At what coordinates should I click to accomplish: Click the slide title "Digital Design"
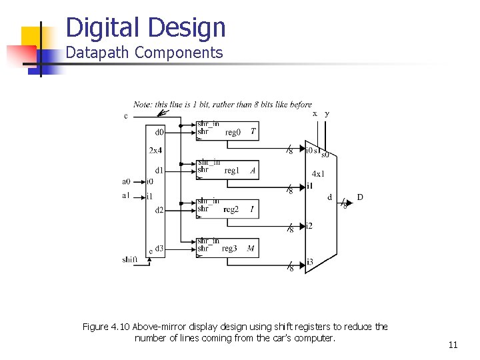146,27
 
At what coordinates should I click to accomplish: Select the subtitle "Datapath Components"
144,53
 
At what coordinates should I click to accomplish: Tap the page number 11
453,345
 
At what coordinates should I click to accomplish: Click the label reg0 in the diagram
233,132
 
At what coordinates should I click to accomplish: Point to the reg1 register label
232,171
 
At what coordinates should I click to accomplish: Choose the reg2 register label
231,209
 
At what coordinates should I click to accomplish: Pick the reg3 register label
229,249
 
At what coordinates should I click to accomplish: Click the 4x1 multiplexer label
319,173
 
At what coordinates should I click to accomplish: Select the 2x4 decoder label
155,150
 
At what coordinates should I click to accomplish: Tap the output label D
360,197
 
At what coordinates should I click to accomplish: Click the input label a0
126,181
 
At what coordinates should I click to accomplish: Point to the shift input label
130,259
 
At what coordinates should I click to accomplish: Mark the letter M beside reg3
251,249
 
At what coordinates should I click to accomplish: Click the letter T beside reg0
253,131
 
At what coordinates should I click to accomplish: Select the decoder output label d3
159,249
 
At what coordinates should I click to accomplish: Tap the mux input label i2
309,226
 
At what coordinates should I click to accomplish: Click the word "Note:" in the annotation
143,104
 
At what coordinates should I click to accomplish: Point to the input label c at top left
126,117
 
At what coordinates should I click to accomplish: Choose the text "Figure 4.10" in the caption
106,327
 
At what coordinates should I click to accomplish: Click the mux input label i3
309,262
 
